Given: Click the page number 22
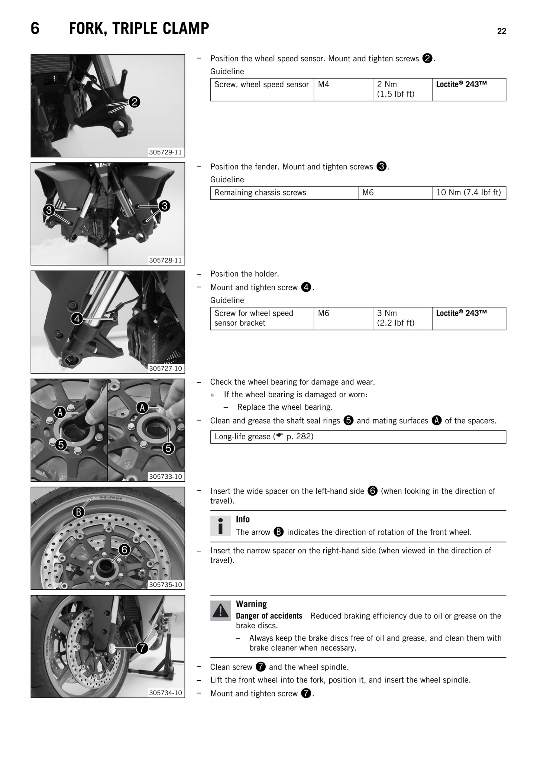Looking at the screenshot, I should click(x=501, y=31).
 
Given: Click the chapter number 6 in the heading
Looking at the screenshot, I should click(x=35, y=29).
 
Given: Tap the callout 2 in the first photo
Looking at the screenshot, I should click(x=134, y=102).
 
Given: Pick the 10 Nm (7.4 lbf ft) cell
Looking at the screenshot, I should click(x=468, y=193).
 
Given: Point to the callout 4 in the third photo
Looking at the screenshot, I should click(x=77, y=319).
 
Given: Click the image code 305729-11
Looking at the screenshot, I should click(x=165, y=152).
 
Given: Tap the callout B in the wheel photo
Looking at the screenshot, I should click(x=78, y=512).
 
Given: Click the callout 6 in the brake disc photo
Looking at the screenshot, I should click(x=124, y=550).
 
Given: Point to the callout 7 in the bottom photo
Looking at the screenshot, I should click(x=142, y=648).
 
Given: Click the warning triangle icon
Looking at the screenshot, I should click(x=220, y=610).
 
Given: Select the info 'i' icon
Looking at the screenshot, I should click(x=220, y=526).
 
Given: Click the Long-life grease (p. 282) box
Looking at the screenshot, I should click(x=358, y=437).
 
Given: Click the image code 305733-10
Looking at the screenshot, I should click(x=165, y=476).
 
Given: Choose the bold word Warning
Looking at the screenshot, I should click(x=251, y=604).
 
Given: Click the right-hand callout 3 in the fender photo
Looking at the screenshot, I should click(x=164, y=206).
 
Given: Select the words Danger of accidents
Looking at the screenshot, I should click(x=269, y=616).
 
